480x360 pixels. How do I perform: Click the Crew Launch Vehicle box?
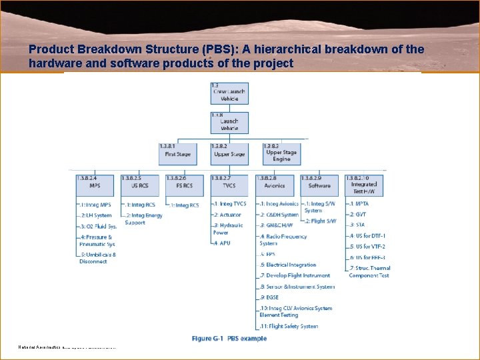coord(229,92)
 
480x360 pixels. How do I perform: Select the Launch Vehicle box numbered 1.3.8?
coord(229,123)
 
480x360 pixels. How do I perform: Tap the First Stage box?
coord(177,151)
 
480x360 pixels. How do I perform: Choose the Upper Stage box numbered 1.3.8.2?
coord(229,151)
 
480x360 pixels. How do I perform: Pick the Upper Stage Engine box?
coord(281,153)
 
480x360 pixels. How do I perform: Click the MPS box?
coord(95,182)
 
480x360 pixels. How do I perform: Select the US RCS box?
coord(140,182)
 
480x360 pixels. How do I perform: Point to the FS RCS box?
coord(185,182)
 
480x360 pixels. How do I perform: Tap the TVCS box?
coord(229,182)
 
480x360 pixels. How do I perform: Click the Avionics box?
coord(274,182)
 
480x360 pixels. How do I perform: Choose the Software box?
coord(319,182)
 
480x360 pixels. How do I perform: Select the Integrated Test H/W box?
coord(364,184)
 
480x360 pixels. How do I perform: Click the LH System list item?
coord(97,215)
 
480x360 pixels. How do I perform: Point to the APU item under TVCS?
coord(222,243)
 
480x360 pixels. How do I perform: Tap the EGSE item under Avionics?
coord(270,297)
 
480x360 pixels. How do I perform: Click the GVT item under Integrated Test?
coord(360,215)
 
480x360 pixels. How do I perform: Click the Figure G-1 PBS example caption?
coord(229,339)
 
